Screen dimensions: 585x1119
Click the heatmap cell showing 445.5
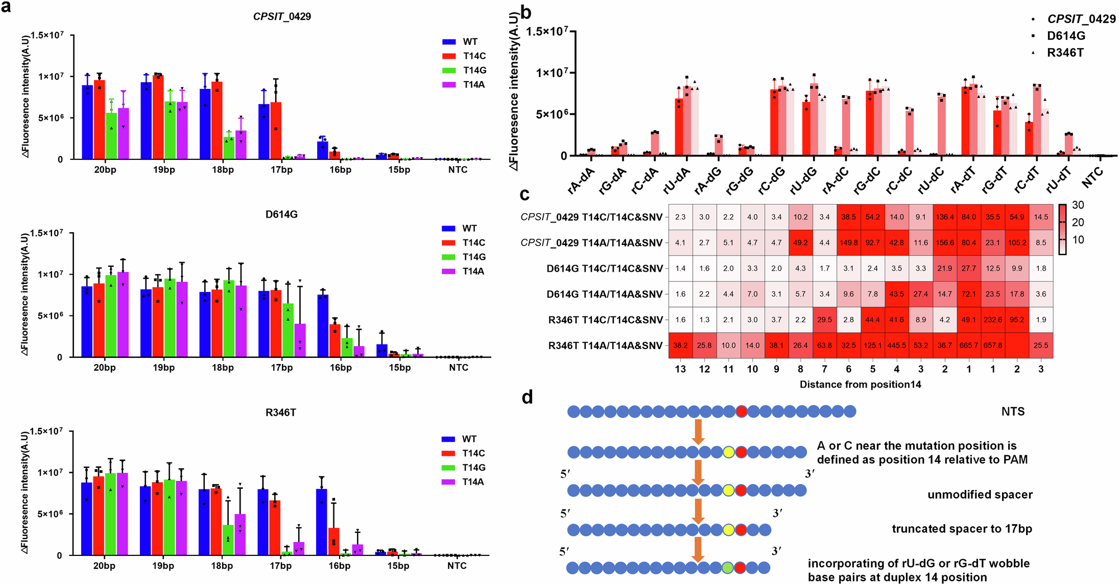coord(897,345)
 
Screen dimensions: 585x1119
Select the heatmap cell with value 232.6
coord(993,320)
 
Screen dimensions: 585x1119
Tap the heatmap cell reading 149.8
coord(849,243)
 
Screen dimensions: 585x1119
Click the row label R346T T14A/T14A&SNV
coord(605,346)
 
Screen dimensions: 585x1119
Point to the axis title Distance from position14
coord(860,384)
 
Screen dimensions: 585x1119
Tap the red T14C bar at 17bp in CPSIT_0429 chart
coord(276,130)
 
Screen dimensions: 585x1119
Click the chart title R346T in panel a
coord(281,412)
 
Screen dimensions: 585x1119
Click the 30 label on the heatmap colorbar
coord(1078,205)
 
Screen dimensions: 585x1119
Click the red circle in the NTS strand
coord(741,412)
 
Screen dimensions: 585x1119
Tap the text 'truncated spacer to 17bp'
coord(961,529)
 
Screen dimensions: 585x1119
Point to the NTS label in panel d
coord(1013,412)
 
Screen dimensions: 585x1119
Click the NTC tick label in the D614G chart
coord(458,367)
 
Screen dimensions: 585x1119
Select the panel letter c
coord(524,194)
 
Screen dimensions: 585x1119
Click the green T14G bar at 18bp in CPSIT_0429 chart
coord(229,148)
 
